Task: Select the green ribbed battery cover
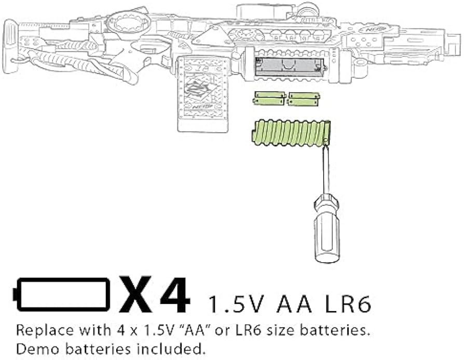coord(291,132)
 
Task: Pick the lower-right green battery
coord(303,102)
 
